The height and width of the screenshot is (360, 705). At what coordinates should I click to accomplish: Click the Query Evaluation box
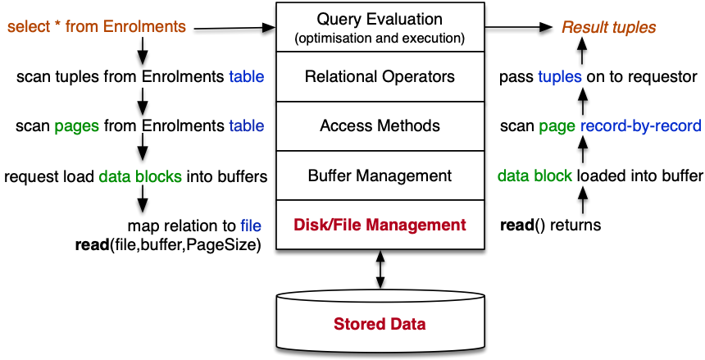pos(379,27)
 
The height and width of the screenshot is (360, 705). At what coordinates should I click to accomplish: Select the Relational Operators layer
pos(379,77)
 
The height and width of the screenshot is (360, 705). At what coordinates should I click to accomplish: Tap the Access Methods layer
pos(379,126)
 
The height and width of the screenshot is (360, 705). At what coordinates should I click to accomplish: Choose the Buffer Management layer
pos(379,175)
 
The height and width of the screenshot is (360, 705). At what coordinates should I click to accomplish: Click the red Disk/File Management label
pos(379,225)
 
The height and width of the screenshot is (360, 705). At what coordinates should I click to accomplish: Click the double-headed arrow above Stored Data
pos(379,270)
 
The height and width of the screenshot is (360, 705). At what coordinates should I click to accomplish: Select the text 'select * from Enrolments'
pos(97,27)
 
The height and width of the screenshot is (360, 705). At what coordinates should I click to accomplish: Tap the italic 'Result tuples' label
pos(608,27)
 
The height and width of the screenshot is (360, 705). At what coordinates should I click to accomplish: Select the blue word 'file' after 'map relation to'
pos(250,226)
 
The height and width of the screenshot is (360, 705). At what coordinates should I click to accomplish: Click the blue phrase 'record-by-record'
pos(640,126)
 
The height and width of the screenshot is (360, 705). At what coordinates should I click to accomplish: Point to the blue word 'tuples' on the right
pos(560,77)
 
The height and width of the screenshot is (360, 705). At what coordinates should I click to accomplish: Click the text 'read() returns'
pos(550,225)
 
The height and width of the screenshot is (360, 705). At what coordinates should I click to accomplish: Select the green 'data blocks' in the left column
pos(140,176)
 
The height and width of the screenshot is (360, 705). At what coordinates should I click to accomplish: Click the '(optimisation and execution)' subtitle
pos(379,38)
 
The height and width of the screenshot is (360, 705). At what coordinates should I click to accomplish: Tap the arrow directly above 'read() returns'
pos(582,199)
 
